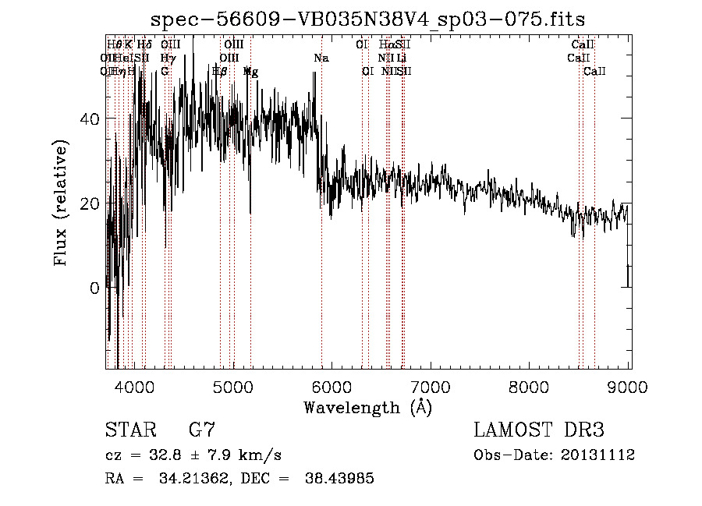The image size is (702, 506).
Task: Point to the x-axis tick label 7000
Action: click(431, 387)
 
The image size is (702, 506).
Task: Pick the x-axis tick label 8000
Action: click(530, 387)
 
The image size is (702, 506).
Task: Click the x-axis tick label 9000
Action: click(629, 387)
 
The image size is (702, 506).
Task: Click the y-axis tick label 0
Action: click(94, 288)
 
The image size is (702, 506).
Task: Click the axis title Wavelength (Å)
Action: click(367, 407)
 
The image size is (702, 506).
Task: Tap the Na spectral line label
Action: click(321, 58)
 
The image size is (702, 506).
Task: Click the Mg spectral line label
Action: click(251, 72)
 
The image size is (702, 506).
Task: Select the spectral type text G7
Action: click(202, 430)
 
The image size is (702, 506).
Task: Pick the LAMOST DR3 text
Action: click(538, 430)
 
